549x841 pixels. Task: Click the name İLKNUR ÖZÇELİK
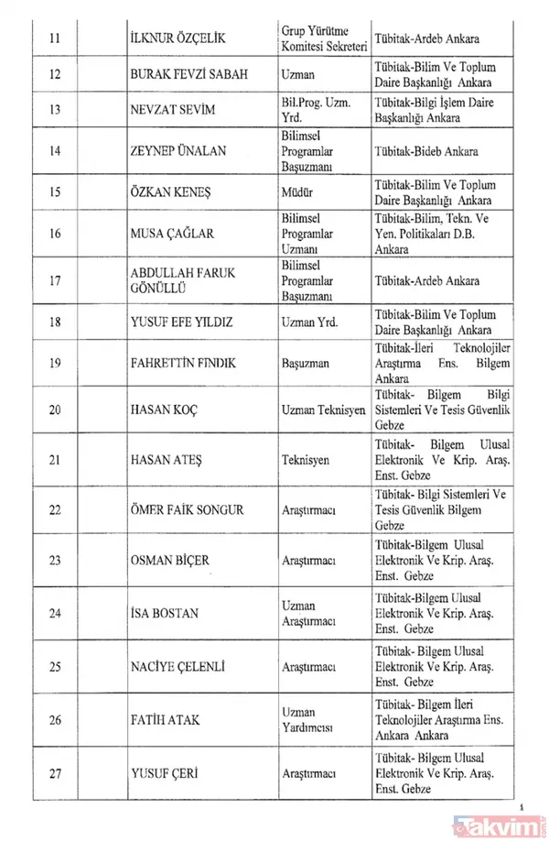tap(179, 40)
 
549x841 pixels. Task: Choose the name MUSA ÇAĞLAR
tap(173, 234)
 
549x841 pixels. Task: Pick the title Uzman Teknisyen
tap(323, 410)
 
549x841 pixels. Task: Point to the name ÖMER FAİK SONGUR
tap(188, 510)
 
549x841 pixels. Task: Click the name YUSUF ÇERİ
tap(165, 772)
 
